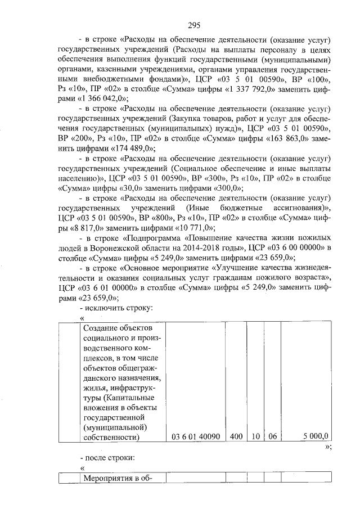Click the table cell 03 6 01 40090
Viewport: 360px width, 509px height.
[194, 436]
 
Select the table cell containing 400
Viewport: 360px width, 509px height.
[236, 436]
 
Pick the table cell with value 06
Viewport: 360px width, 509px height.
[272, 436]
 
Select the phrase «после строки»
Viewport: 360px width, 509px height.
[111, 458]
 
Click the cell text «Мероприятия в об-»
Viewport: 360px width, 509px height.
[115, 478]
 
